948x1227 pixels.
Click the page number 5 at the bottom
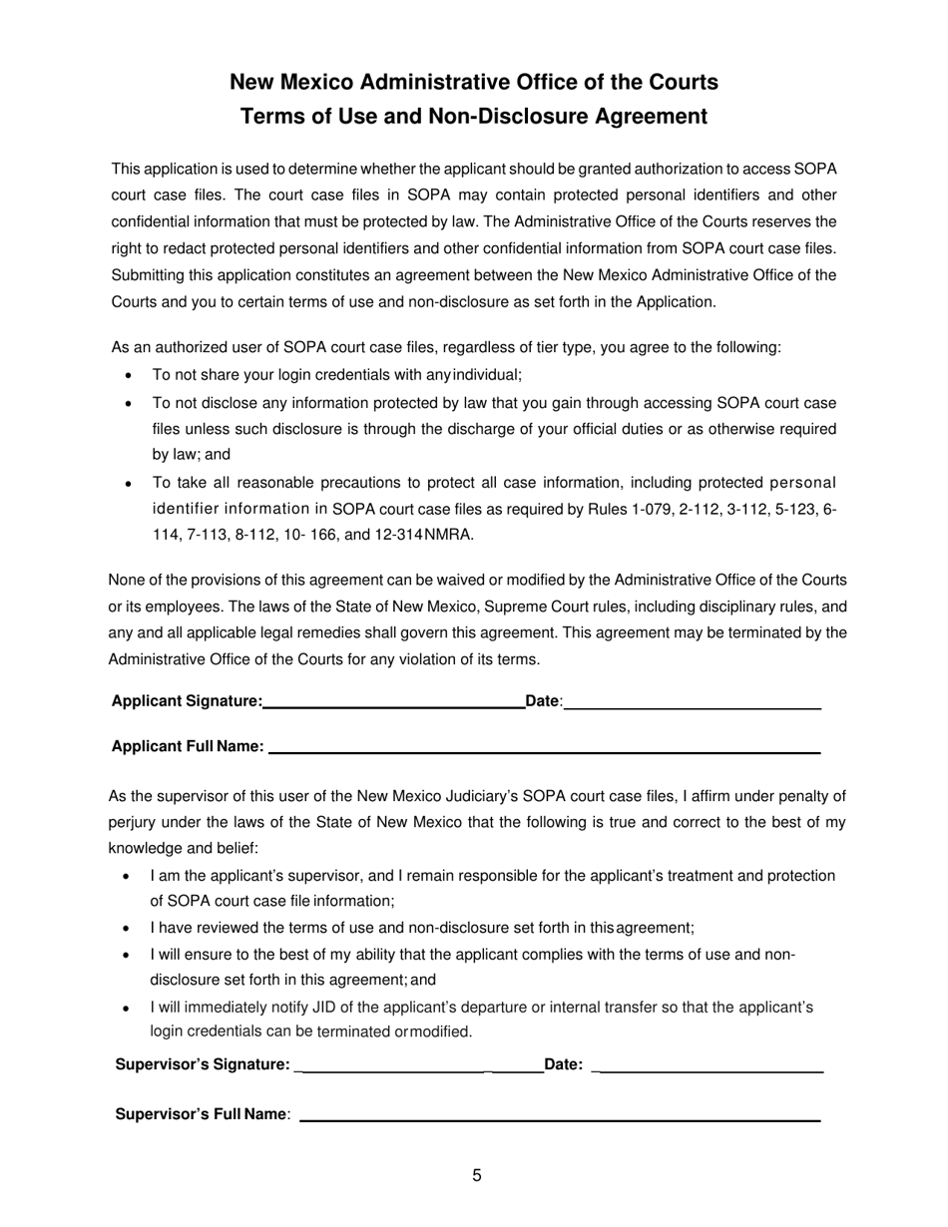477,1175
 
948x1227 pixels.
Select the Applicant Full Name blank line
544,749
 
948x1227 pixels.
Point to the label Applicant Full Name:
188,746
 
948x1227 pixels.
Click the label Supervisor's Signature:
204,1064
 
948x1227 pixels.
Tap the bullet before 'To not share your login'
128,377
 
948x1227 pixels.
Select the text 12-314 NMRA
426,535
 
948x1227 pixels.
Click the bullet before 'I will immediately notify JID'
126,1009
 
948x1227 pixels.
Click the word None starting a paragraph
127,580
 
